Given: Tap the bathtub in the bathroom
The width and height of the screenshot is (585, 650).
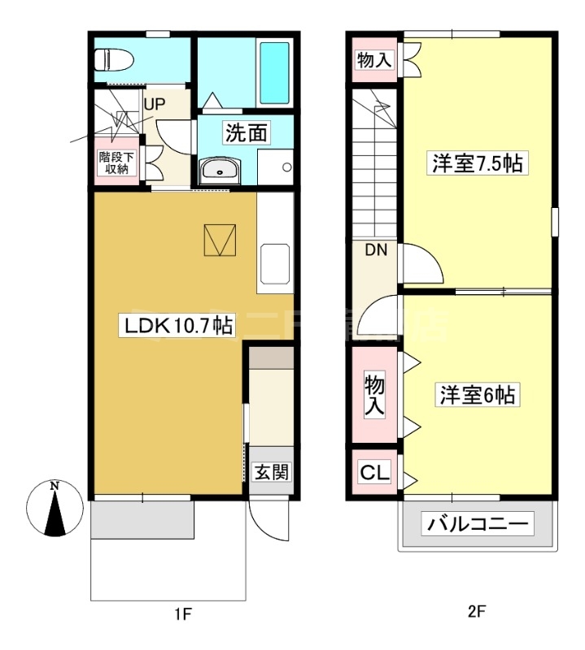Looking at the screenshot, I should click(274, 73).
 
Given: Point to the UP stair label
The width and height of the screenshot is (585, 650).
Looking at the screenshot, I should click(155, 104).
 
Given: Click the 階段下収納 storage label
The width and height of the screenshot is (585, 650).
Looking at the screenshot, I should click(114, 162).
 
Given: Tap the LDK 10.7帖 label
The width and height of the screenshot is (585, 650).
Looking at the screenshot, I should click(177, 327).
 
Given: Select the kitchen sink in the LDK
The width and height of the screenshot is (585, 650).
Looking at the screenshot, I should click(275, 263).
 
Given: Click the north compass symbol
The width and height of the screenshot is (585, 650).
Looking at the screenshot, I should click(55, 508).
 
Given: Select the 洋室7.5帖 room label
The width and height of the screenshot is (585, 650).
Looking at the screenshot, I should click(476, 163).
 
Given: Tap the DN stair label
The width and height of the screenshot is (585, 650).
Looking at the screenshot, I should click(374, 250).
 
